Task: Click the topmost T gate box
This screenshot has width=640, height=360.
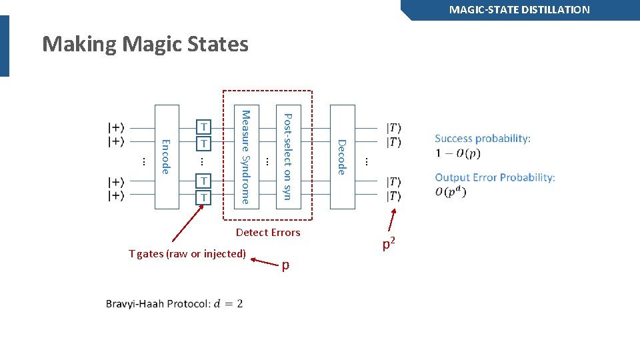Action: [205, 127]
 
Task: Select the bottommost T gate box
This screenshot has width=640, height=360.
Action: [205, 197]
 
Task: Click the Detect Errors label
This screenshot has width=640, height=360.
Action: [268, 233]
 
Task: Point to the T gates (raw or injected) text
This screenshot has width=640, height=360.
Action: [187, 253]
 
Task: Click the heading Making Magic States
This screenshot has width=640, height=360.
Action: [145, 45]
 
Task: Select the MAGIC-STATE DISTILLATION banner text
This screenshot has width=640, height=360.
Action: [519, 10]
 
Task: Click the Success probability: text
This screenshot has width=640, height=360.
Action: [483, 139]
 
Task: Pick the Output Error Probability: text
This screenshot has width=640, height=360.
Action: [495, 177]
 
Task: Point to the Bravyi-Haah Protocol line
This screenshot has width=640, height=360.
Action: [174, 304]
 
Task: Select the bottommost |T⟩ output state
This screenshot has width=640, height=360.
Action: [394, 196]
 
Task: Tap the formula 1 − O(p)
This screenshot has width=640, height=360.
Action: [457, 153]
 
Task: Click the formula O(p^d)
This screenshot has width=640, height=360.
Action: [451, 193]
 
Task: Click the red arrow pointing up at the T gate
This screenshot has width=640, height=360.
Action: [188, 223]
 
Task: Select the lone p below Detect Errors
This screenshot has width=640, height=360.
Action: [285, 265]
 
